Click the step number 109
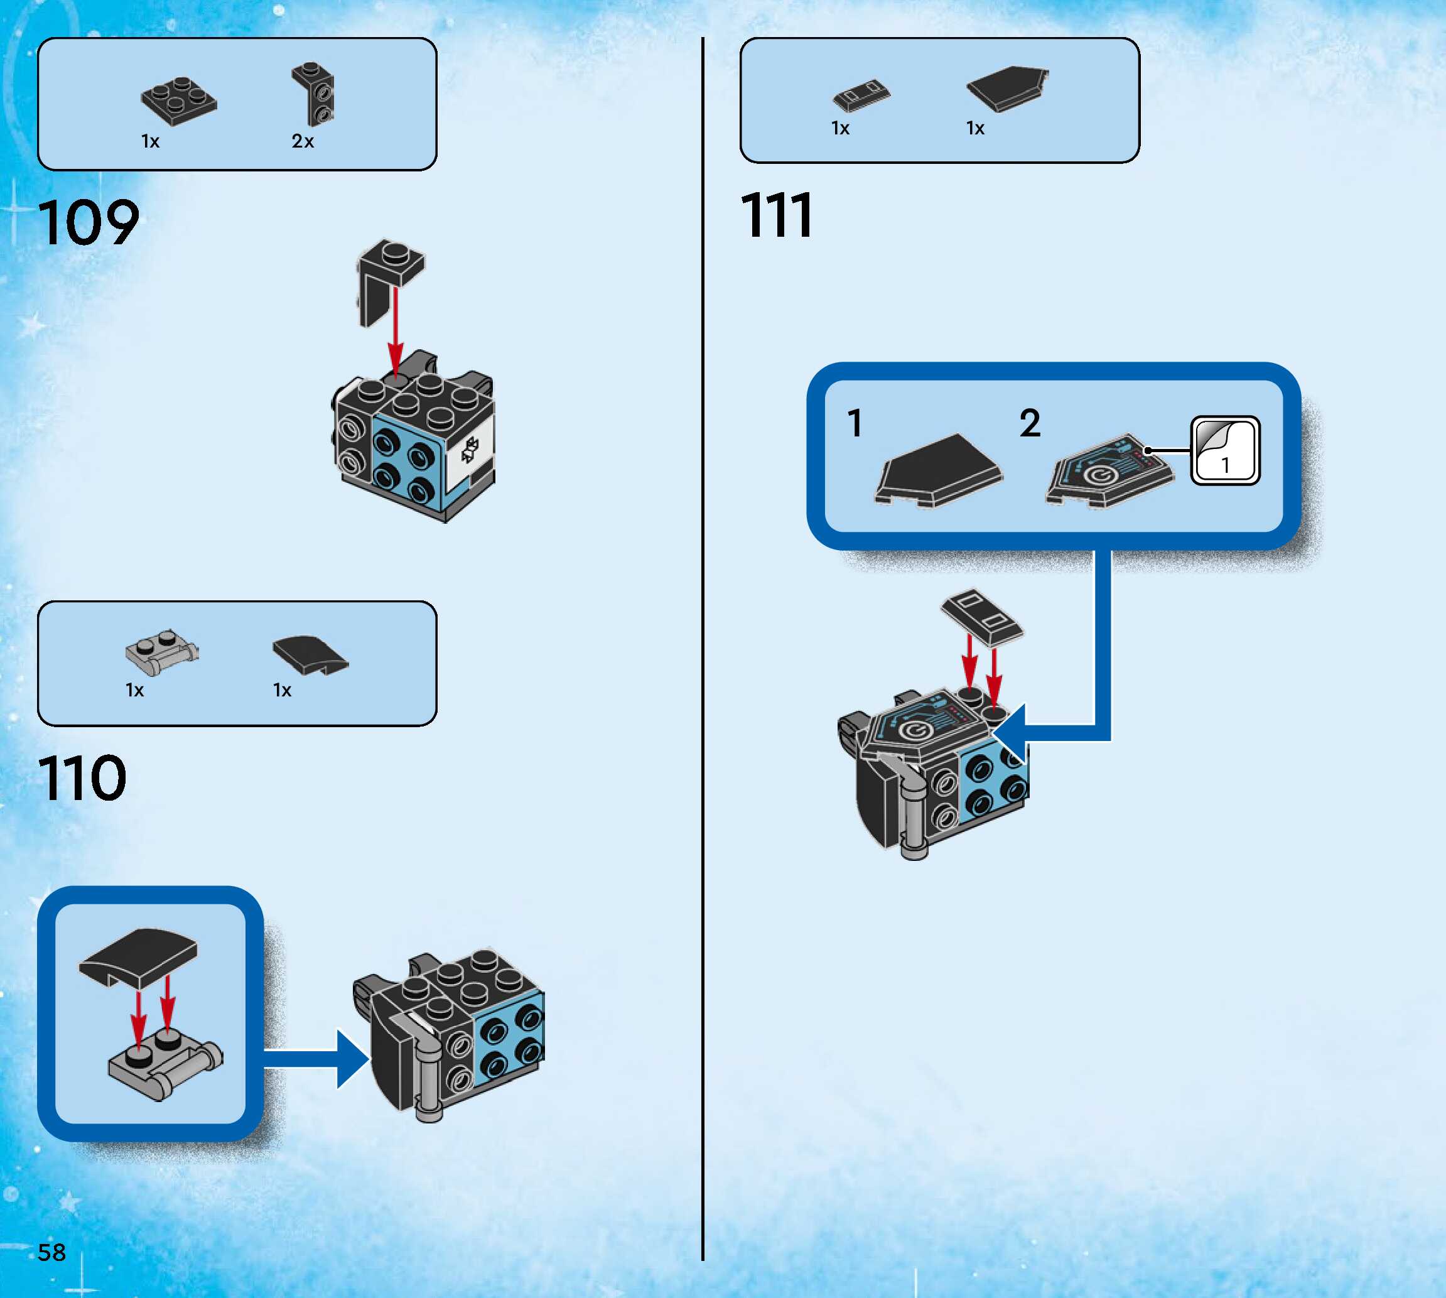click(x=89, y=222)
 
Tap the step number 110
click(x=83, y=778)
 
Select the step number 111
click(x=777, y=215)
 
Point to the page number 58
click(x=51, y=1252)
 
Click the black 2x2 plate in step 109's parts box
click(x=179, y=101)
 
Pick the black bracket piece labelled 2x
click(x=315, y=94)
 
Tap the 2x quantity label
click(x=302, y=141)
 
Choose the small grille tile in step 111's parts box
click(x=861, y=95)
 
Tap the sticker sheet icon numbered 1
click(x=1225, y=451)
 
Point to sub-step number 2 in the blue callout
click(x=1030, y=424)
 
